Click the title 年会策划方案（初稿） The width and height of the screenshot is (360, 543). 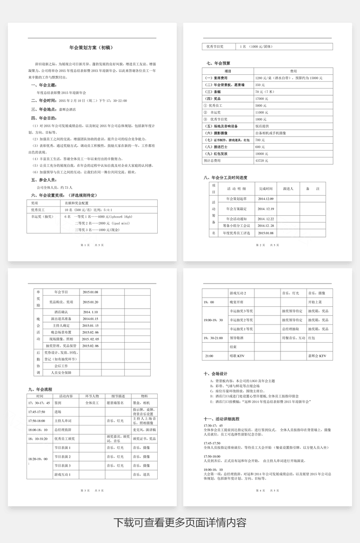[91, 47]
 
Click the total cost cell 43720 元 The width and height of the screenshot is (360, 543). [262, 160]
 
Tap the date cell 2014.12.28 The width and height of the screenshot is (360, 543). [267, 225]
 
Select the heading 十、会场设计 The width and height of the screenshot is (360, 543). [215, 373]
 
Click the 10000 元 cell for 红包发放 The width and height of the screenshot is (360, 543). [262, 153]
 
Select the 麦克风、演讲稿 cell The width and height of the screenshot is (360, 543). [142, 430]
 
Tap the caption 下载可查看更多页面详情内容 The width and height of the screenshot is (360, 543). [180, 522]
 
